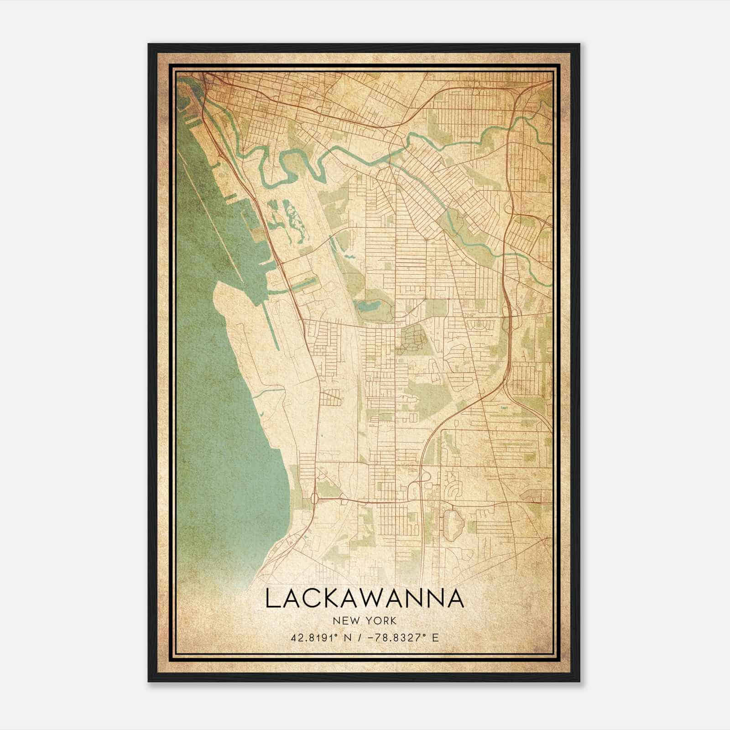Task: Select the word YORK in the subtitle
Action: pyautogui.click(x=382, y=620)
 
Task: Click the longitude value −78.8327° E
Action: pyautogui.click(x=401, y=637)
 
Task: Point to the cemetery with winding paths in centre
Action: pyautogui.click(x=412, y=340)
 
